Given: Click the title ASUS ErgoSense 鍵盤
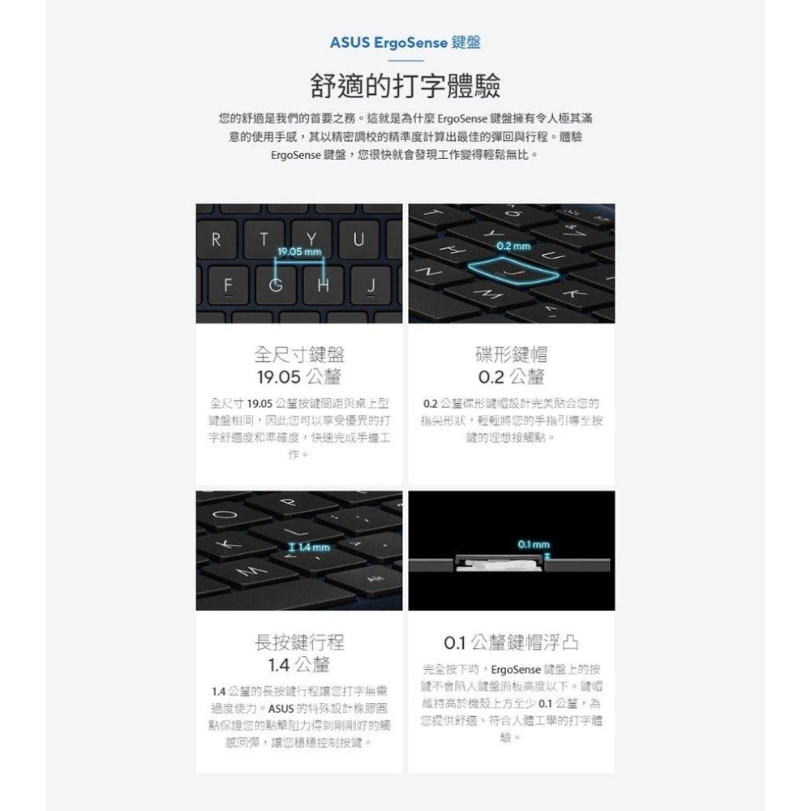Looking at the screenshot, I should click(405, 42).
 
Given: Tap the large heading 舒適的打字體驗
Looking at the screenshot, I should click(405, 84).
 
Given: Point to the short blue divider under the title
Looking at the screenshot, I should click(405, 61).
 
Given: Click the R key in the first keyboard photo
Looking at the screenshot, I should click(216, 240).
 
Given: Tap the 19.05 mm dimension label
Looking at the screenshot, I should click(298, 252).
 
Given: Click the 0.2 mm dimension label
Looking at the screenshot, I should click(514, 246).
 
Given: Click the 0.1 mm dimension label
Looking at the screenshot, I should click(534, 543).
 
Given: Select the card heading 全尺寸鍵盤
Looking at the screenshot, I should click(299, 354).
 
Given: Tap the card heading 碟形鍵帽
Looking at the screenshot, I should click(511, 354).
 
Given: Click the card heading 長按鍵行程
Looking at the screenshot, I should click(299, 643).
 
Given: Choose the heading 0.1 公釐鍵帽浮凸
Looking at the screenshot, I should click(511, 643).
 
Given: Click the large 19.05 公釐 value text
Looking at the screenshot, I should click(299, 377).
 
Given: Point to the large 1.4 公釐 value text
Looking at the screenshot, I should click(299, 666).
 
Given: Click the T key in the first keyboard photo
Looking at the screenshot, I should click(264, 240).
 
